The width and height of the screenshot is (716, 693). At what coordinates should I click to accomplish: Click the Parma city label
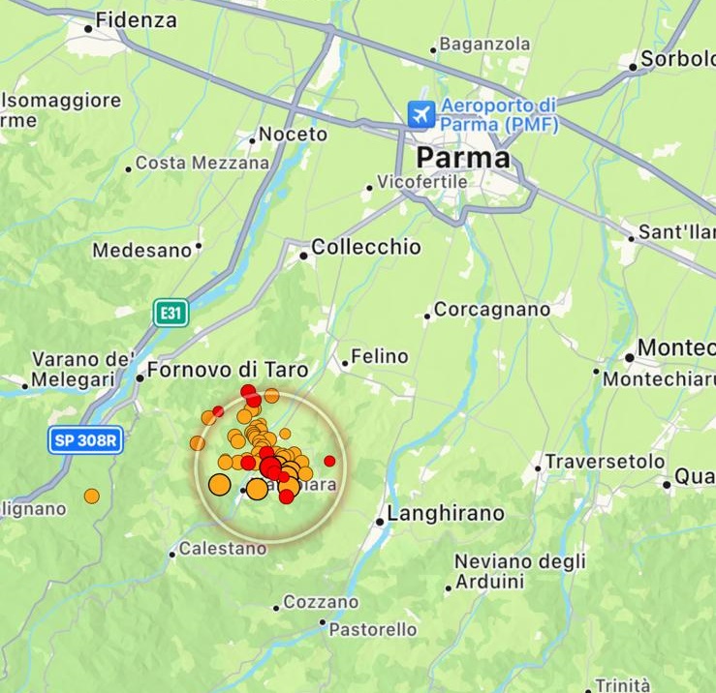(x=462, y=158)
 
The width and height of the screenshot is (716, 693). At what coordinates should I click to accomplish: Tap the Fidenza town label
(x=137, y=20)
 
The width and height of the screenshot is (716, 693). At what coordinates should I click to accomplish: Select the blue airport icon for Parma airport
(x=421, y=114)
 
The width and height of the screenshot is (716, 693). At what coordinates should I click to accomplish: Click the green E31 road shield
(x=170, y=313)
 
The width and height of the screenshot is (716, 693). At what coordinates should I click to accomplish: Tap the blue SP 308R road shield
(x=87, y=440)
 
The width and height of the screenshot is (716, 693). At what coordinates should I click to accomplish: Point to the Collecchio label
(x=366, y=248)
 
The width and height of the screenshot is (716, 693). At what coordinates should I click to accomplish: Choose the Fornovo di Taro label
(x=228, y=370)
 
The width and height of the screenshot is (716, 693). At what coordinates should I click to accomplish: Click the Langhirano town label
(x=446, y=514)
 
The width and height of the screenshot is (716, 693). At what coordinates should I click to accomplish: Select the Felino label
(x=379, y=356)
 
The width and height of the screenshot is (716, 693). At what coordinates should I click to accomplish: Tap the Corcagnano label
(x=491, y=310)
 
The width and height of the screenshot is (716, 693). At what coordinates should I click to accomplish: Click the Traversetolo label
(x=605, y=462)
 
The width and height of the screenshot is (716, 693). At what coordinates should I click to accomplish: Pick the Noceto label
(x=293, y=135)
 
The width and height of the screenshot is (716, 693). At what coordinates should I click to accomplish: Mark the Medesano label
(x=141, y=251)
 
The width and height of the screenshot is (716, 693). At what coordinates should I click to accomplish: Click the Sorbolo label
(x=677, y=60)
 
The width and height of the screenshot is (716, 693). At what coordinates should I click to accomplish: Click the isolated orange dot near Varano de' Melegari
(x=91, y=497)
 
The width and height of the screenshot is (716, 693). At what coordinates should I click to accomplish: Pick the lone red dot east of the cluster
(x=329, y=461)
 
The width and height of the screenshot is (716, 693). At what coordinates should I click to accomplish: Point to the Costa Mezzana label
(x=202, y=164)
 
